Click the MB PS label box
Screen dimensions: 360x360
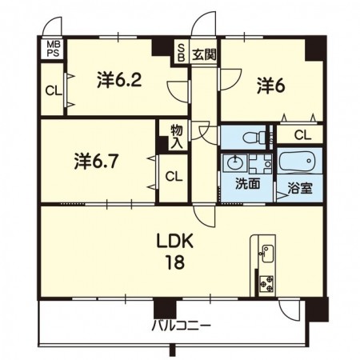pyautogui.click(x=53, y=49)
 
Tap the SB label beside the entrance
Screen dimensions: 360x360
pyautogui.click(x=181, y=53)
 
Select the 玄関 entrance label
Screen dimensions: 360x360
pyautogui.click(x=204, y=54)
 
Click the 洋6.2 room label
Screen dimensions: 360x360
pyautogui.click(x=119, y=79)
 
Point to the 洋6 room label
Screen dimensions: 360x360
pyautogui.click(x=271, y=86)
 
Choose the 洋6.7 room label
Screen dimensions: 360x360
pyautogui.click(x=96, y=161)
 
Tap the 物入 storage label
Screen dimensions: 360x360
pyautogui.click(x=177, y=137)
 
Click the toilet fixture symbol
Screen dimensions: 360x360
pyautogui.click(x=254, y=137)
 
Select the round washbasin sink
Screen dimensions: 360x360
pyautogui.click(x=234, y=162)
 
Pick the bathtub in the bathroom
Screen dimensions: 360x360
pyautogui.click(x=298, y=162)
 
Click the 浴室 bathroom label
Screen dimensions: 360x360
pyautogui.click(x=300, y=188)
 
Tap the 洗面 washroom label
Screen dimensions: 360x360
pyautogui.click(x=247, y=184)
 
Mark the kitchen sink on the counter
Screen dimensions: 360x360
pyautogui.click(x=266, y=253)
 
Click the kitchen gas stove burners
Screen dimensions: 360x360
pyautogui.click(x=266, y=284)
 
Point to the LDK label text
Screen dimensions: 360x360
pyautogui.click(x=174, y=241)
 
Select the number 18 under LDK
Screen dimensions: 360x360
pyautogui.click(x=174, y=262)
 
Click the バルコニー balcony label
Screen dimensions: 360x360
pyautogui.click(x=182, y=326)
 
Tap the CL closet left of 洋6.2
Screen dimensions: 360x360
pyautogui.click(x=54, y=91)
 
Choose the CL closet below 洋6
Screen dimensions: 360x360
pyautogui.click(x=302, y=135)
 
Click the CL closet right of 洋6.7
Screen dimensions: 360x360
pyautogui.click(x=174, y=177)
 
